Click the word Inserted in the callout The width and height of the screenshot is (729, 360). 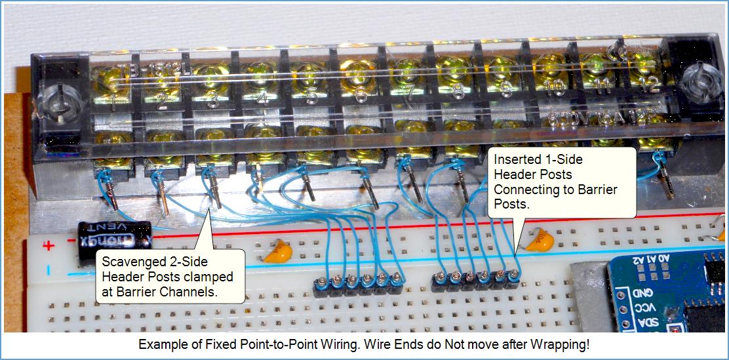click(516, 159)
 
